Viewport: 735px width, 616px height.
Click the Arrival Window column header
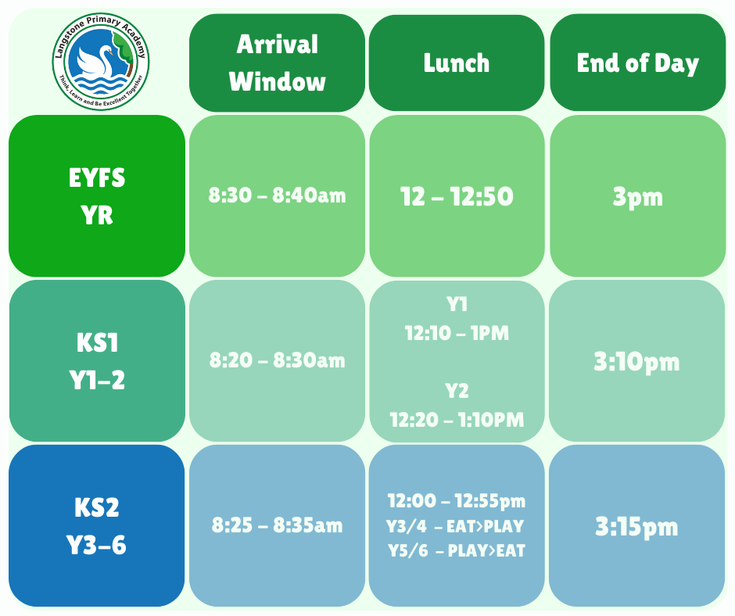click(277, 63)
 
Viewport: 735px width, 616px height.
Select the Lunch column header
click(457, 63)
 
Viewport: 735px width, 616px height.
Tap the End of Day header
click(637, 63)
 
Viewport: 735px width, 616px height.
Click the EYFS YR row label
click(97, 196)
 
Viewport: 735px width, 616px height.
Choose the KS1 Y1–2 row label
click(97, 361)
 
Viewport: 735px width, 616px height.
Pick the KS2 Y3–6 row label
click(96, 525)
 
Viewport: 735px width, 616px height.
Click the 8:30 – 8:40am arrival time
click(277, 195)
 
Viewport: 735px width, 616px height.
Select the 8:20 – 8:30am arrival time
click(277, 360)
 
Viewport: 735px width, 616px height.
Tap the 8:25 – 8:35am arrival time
click(277, 525)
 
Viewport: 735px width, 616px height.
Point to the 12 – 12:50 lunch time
click(457, 196)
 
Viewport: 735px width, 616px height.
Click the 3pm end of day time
click(637, 197)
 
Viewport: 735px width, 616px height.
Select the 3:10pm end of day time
click(636, 362)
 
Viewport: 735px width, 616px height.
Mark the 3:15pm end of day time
click(636, 526)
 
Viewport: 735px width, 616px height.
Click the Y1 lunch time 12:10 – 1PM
click(457, 333)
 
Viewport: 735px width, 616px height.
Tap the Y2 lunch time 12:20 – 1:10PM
click(457, 420)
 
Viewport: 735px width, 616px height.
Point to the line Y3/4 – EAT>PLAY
click(455, 526)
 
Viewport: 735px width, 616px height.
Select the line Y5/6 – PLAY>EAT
click(457, 550)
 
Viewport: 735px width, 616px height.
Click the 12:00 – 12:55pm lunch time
click(457, 501)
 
